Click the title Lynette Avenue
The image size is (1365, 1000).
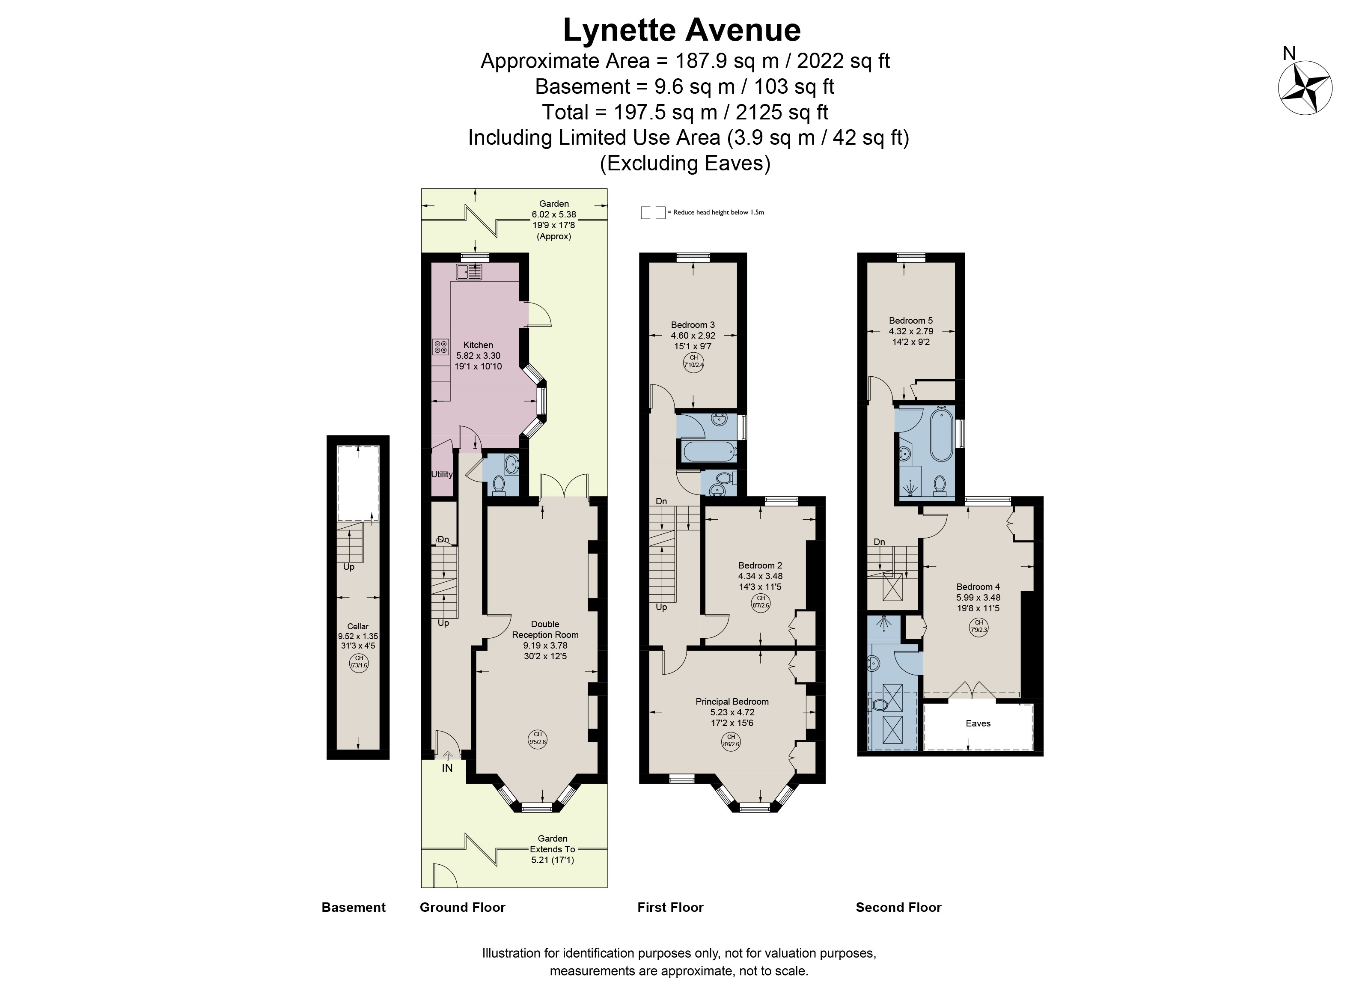click(682, 30)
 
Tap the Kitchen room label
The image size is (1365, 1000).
click(478, 345)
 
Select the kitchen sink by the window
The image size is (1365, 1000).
click(469, 272)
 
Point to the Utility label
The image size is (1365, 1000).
click(442, 475)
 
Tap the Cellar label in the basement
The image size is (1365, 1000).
click(358, 627)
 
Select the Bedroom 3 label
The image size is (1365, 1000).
click(693, 325)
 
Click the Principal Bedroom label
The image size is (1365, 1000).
click(732, 702)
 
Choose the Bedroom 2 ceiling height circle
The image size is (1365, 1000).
click(761, 602)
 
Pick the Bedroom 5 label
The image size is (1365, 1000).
click(911, 321)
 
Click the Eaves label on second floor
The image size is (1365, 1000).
click(978, 723)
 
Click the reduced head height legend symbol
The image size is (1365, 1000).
click(653, 212)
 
